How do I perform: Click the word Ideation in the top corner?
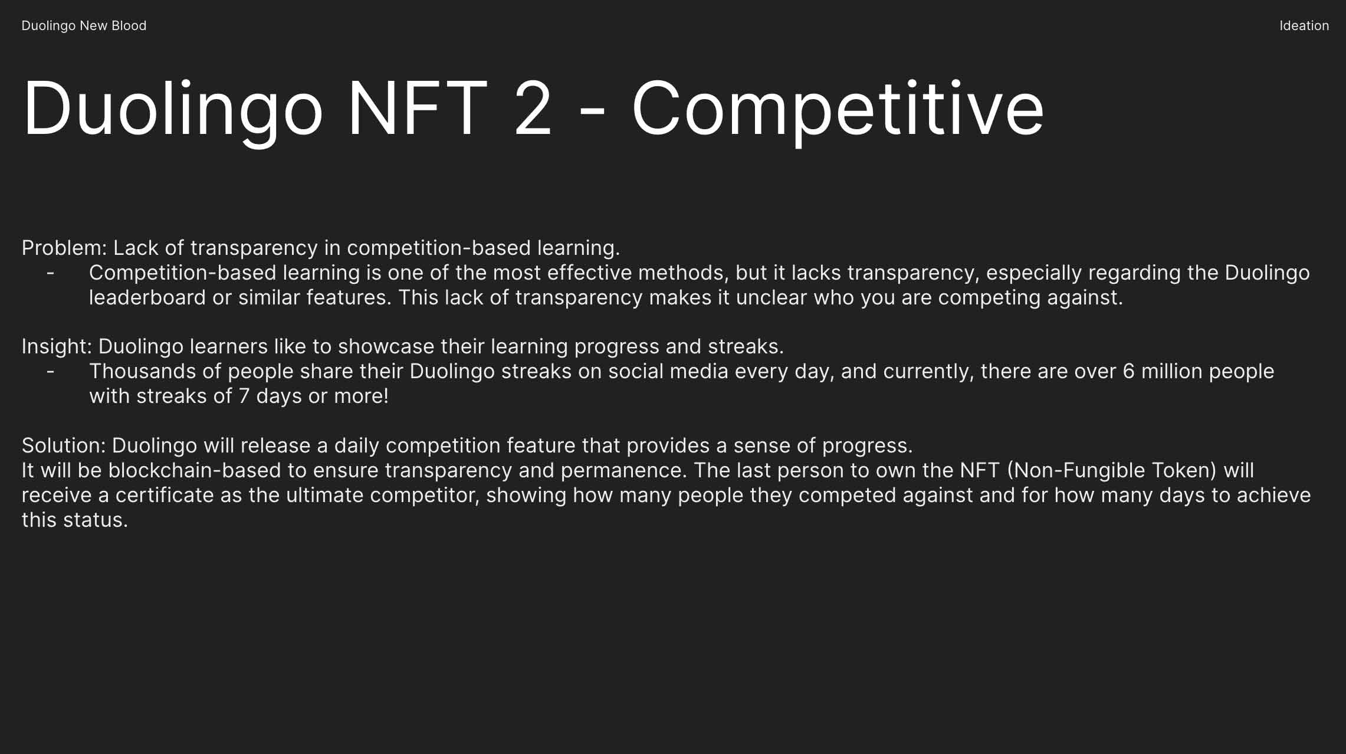(x=1304, y=25)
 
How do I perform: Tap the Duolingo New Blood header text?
(x=84, y=26)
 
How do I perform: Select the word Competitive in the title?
(x=838, y=109)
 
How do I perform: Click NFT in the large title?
(x=418, y=109)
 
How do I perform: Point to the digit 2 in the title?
(x=533, y=109)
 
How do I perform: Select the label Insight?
(x=57, y=346)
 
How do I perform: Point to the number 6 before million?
(x=1129, y=371)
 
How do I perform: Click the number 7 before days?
(x=244, y=396)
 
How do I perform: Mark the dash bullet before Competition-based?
(x=51, y=273)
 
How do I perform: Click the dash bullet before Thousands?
(x=51, y=372)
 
